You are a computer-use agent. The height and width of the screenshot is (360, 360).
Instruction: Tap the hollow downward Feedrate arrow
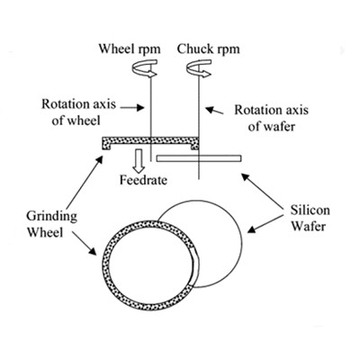[139, 160]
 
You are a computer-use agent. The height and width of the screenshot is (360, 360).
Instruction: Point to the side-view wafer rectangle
[199, 158]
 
